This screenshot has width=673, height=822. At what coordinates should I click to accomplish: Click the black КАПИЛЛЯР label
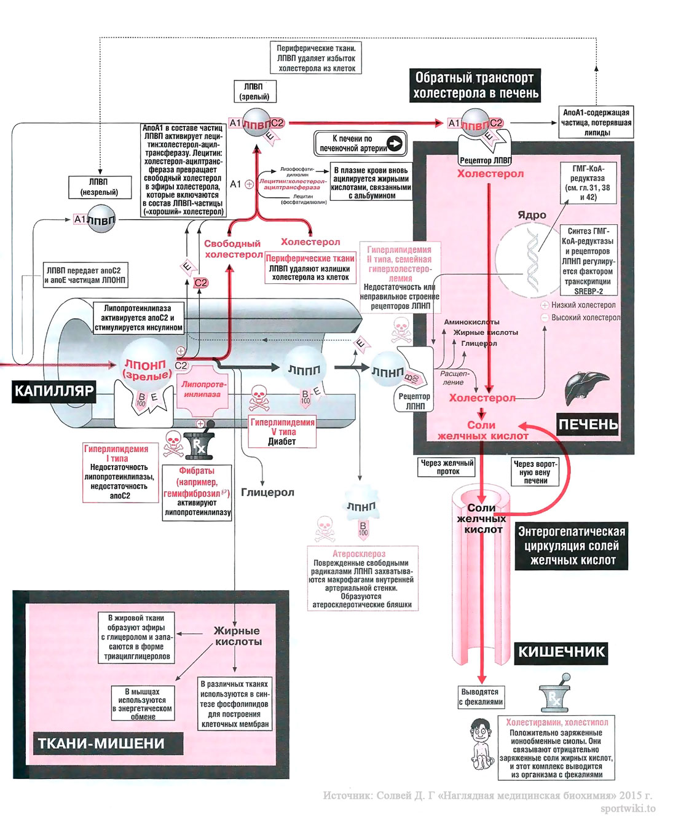(x=54, y=391)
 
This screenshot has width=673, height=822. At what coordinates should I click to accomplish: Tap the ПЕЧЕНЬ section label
(x=588, y=424)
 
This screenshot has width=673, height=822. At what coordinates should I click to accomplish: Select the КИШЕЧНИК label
(x=561, y=652)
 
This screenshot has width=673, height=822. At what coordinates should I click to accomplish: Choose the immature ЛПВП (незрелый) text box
(x=99, y=187)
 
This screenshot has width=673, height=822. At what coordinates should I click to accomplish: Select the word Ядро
(x=532, y=215)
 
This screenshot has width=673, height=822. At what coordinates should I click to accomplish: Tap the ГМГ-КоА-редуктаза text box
(x=588, y=182)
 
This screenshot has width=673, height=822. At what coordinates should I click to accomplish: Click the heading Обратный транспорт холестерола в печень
(x=475, y=85)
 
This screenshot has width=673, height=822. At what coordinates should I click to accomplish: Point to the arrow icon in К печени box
(x=395, y=143)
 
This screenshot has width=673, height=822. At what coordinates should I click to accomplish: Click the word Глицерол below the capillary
(x=267, y=492)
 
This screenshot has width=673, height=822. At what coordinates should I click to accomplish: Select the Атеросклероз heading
(x=359, y=554)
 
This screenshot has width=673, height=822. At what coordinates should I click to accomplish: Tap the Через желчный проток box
(x=448, y=467)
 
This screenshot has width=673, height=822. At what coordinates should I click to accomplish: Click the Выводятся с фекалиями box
(x=481, y=697)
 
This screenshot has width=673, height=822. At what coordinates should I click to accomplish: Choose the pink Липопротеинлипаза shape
(x=203, y=389)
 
